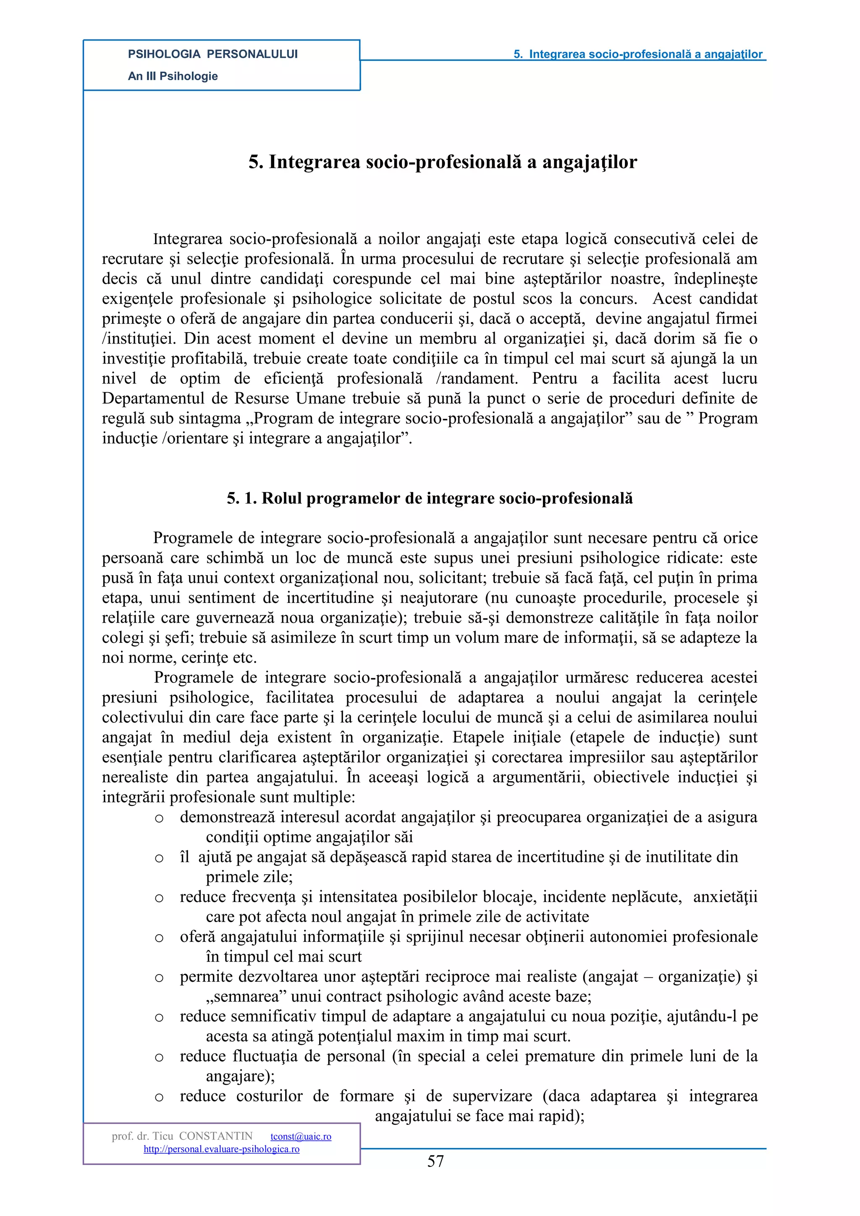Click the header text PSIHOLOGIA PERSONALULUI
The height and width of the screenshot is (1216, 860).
(x=212, y=54)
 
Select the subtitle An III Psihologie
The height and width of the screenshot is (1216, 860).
(x=173, y=76)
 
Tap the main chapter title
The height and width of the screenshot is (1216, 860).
(x=443, y=162)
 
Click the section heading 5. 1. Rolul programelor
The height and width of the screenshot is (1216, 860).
(x=430, y=498)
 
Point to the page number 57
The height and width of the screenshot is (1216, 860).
(x=435, y=1161)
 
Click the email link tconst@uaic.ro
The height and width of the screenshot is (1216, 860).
(x=301, y=1137)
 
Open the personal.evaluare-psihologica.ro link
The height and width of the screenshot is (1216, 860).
(x=221, y=1149)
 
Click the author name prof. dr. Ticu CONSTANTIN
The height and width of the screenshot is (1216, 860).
(x=182, y=1137)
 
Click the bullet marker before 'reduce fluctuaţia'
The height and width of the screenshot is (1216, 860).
(x=159, y=1058)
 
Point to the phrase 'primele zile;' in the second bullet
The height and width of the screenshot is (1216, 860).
(x=249, y=877)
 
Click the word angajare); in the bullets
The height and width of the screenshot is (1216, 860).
(x=240, y=1076)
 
